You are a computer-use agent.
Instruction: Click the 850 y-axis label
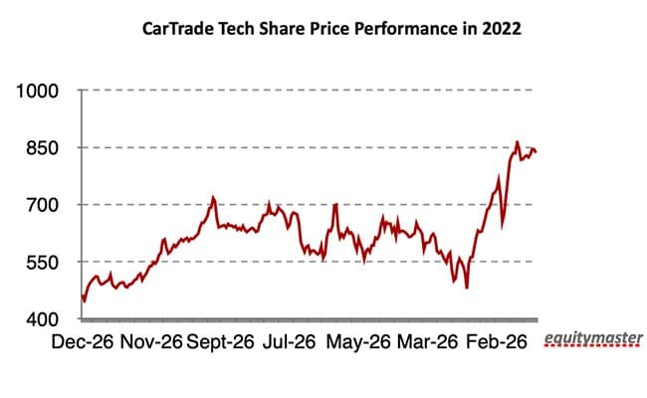click(46, 148)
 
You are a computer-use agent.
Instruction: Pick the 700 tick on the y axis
click(46, 205)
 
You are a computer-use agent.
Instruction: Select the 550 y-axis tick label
click(46, 263)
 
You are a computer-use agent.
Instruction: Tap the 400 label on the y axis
click(46, 319)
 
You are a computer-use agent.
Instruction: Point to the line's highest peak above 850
click(518, 141)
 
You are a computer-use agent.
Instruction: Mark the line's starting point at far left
click(82, 295)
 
